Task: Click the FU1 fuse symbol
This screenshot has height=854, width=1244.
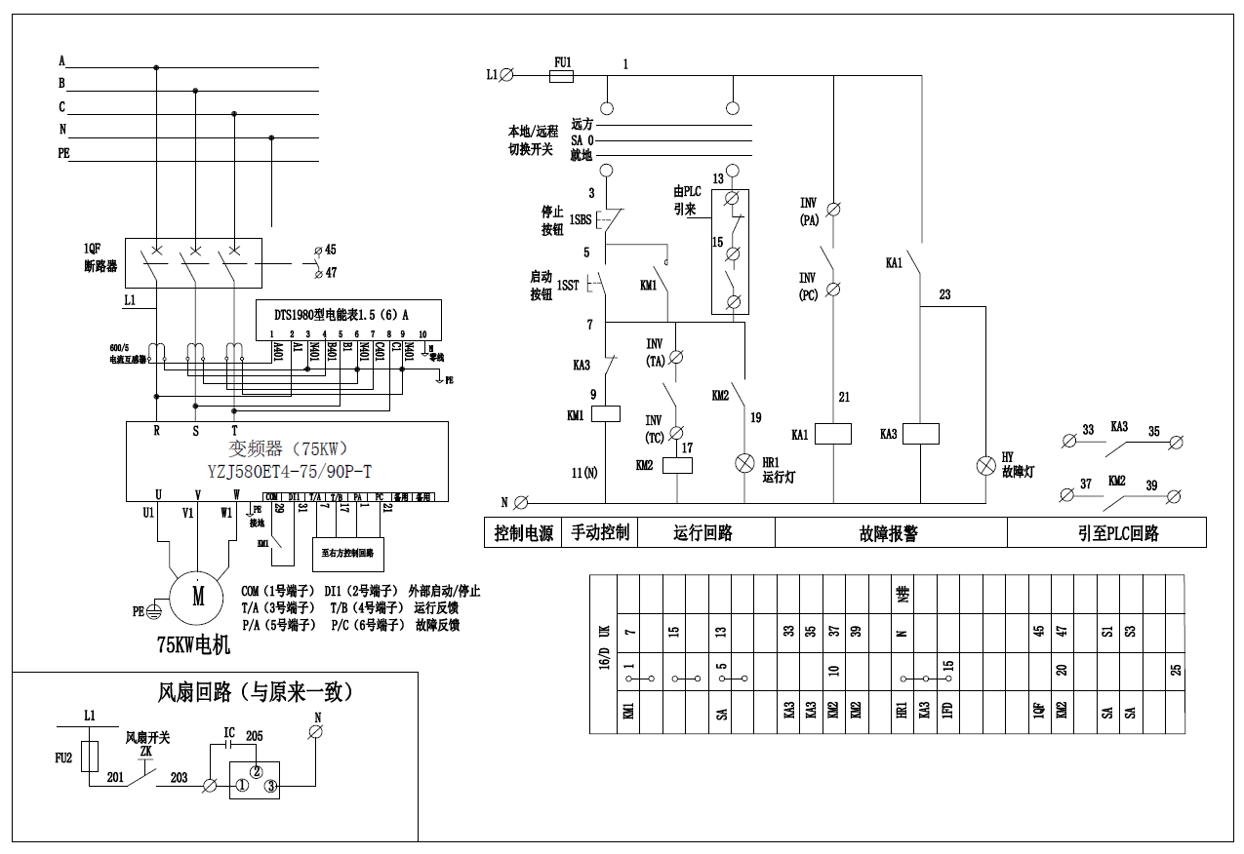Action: coord(562,74)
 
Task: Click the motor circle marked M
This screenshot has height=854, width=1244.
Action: coord(198,595)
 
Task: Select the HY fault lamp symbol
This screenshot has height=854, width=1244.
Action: coord(985,464)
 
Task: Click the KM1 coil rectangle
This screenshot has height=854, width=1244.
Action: coord(606,413)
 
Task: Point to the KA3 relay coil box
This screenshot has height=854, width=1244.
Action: coord(921,434)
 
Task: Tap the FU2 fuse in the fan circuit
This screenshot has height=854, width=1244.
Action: coord(92,756)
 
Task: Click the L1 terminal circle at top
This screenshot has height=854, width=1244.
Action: coord(506,74)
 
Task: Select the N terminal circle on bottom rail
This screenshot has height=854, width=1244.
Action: coord(521,503)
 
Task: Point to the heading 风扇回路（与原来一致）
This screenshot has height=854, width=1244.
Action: coord(256,692)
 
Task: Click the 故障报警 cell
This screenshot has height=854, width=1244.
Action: coord(890,533)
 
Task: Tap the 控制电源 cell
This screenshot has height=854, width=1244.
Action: coord(523,533)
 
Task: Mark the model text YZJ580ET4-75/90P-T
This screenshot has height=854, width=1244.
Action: coord(289,472)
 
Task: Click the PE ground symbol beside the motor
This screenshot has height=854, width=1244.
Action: coord(152,611)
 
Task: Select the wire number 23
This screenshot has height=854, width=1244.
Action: coord(944,294)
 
